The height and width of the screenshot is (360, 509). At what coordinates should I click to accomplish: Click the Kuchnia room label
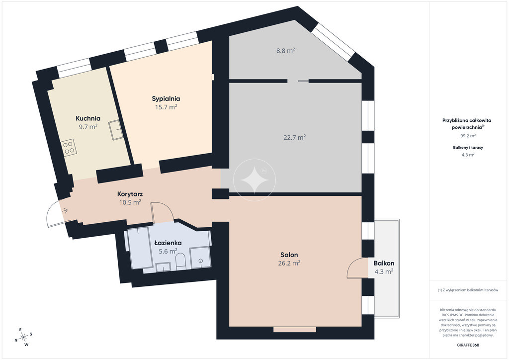click(x=88, y=118)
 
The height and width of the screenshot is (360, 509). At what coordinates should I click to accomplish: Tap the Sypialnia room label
click(x=166, y=98)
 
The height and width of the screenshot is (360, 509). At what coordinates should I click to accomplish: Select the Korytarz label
click(x=130, y=194)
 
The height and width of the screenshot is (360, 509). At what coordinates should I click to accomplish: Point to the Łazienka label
click(x=168, y=243)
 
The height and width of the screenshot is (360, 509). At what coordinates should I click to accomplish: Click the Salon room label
click(x=289, y=255)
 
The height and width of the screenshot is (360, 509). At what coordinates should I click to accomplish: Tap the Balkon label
click(x=384, y=263)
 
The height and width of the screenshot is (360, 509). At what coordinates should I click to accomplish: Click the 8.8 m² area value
click(x=286, y=50)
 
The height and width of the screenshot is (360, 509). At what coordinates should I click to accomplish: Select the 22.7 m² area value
click(x=295, y=137)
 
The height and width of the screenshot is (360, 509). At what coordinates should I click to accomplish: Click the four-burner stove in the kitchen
click(x=69, y=148)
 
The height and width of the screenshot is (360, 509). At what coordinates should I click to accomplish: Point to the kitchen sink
click(x=115, y=130)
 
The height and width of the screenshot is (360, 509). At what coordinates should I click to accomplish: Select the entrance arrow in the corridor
click(x=65, y=211)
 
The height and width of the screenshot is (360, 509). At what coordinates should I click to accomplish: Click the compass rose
click(x=23, y=337)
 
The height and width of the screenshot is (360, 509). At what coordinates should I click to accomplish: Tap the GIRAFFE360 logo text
click(x=466, y=345)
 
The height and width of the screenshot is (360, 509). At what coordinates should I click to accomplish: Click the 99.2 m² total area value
click(x=468, y=136)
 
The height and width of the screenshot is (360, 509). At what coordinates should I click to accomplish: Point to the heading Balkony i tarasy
click(x=468, y=147)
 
